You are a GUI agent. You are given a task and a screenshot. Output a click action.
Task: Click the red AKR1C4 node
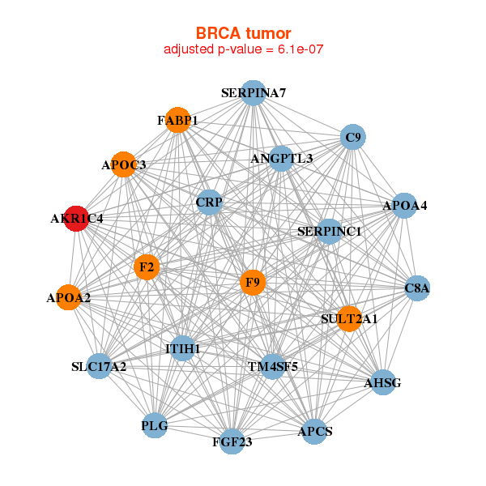coord(75,219)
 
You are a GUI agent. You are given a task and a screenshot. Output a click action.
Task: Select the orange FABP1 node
coord(177,121)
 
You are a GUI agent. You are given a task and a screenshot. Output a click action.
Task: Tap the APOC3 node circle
coord(123,164)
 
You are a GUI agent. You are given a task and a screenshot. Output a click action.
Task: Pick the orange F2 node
coord(147,266)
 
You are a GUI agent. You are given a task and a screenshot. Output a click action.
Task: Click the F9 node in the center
coord(254,283)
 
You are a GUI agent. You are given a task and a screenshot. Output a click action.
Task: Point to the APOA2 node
coord(69,298)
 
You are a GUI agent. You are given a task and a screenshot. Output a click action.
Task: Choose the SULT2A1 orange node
coord(349,318)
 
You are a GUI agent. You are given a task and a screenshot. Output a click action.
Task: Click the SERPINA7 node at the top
coord(254,93)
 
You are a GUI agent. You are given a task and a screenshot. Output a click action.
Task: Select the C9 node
coord(352,138)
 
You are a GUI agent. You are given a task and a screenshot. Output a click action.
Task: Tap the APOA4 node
coord(404,206)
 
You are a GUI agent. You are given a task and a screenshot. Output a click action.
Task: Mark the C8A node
coord(417,288)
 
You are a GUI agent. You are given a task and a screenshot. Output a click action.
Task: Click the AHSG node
coord(382,382)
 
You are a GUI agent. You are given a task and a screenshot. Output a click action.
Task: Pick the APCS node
coord(315,431)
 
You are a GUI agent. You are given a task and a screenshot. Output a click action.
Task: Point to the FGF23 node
coord(232,441)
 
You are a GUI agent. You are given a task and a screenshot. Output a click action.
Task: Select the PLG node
coord(154,425)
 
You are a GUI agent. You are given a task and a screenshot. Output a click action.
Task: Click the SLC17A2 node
coord(99,367)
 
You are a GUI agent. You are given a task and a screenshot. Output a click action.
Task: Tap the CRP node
coord(209,202)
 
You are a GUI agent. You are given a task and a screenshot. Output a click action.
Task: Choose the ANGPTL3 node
coord(281,158)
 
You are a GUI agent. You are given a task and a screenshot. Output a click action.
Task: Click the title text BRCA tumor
coord(244,32)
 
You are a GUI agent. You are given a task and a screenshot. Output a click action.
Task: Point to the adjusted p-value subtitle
coord(244,49)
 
